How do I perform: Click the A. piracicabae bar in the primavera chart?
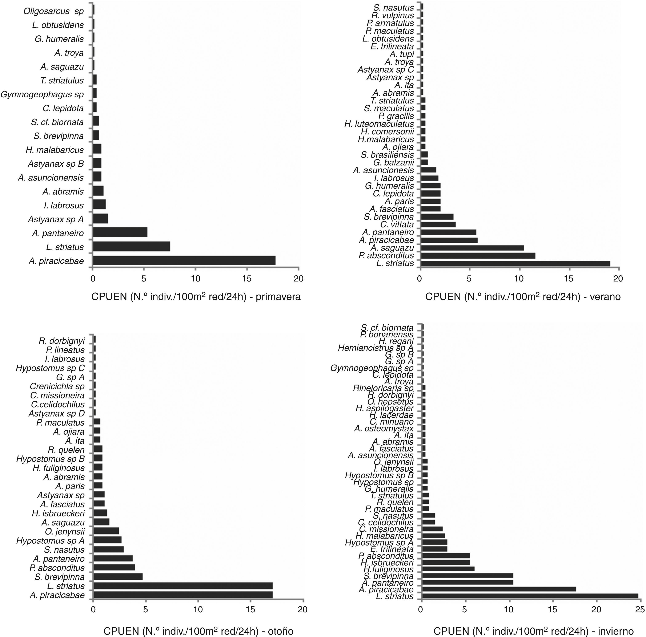click(184, 260)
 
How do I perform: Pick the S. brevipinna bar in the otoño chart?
click(118, 576)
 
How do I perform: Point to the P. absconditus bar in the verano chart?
click(478, 256)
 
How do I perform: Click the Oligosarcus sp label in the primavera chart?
click(53, 11)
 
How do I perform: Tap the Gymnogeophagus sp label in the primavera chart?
click(42, 95)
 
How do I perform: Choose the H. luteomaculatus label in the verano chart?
click(379, 124)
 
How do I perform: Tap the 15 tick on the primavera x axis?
click(247, 279)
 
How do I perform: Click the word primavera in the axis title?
click(278, 297)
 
